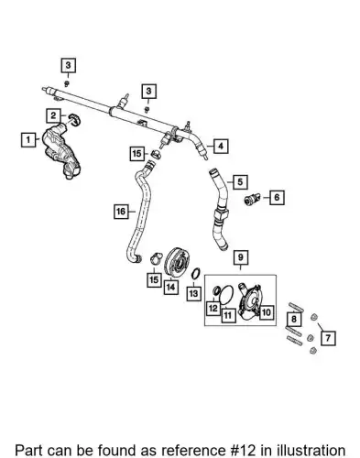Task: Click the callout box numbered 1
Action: [x=28, y=140]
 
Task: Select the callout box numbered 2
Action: [x=53, y=115]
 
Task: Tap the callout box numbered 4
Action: [x=221, y=147]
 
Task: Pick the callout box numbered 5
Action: [x=240, y=182]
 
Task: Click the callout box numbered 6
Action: [x=277, y=197]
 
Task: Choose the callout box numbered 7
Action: [x=328, y=338]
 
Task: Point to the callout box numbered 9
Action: [x=241, y=257]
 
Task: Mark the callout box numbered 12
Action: [x=213, y=308]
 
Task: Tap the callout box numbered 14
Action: [x=171, y=287]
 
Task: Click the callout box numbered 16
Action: [x=121, y=212]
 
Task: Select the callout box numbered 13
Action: [x=194, y=293]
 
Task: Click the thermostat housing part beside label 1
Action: [x=61, y=153]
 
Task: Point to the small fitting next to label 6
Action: [x=252, y=199]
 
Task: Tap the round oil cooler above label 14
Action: [x=177, y=262]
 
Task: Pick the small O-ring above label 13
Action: [x=196, y=274]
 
